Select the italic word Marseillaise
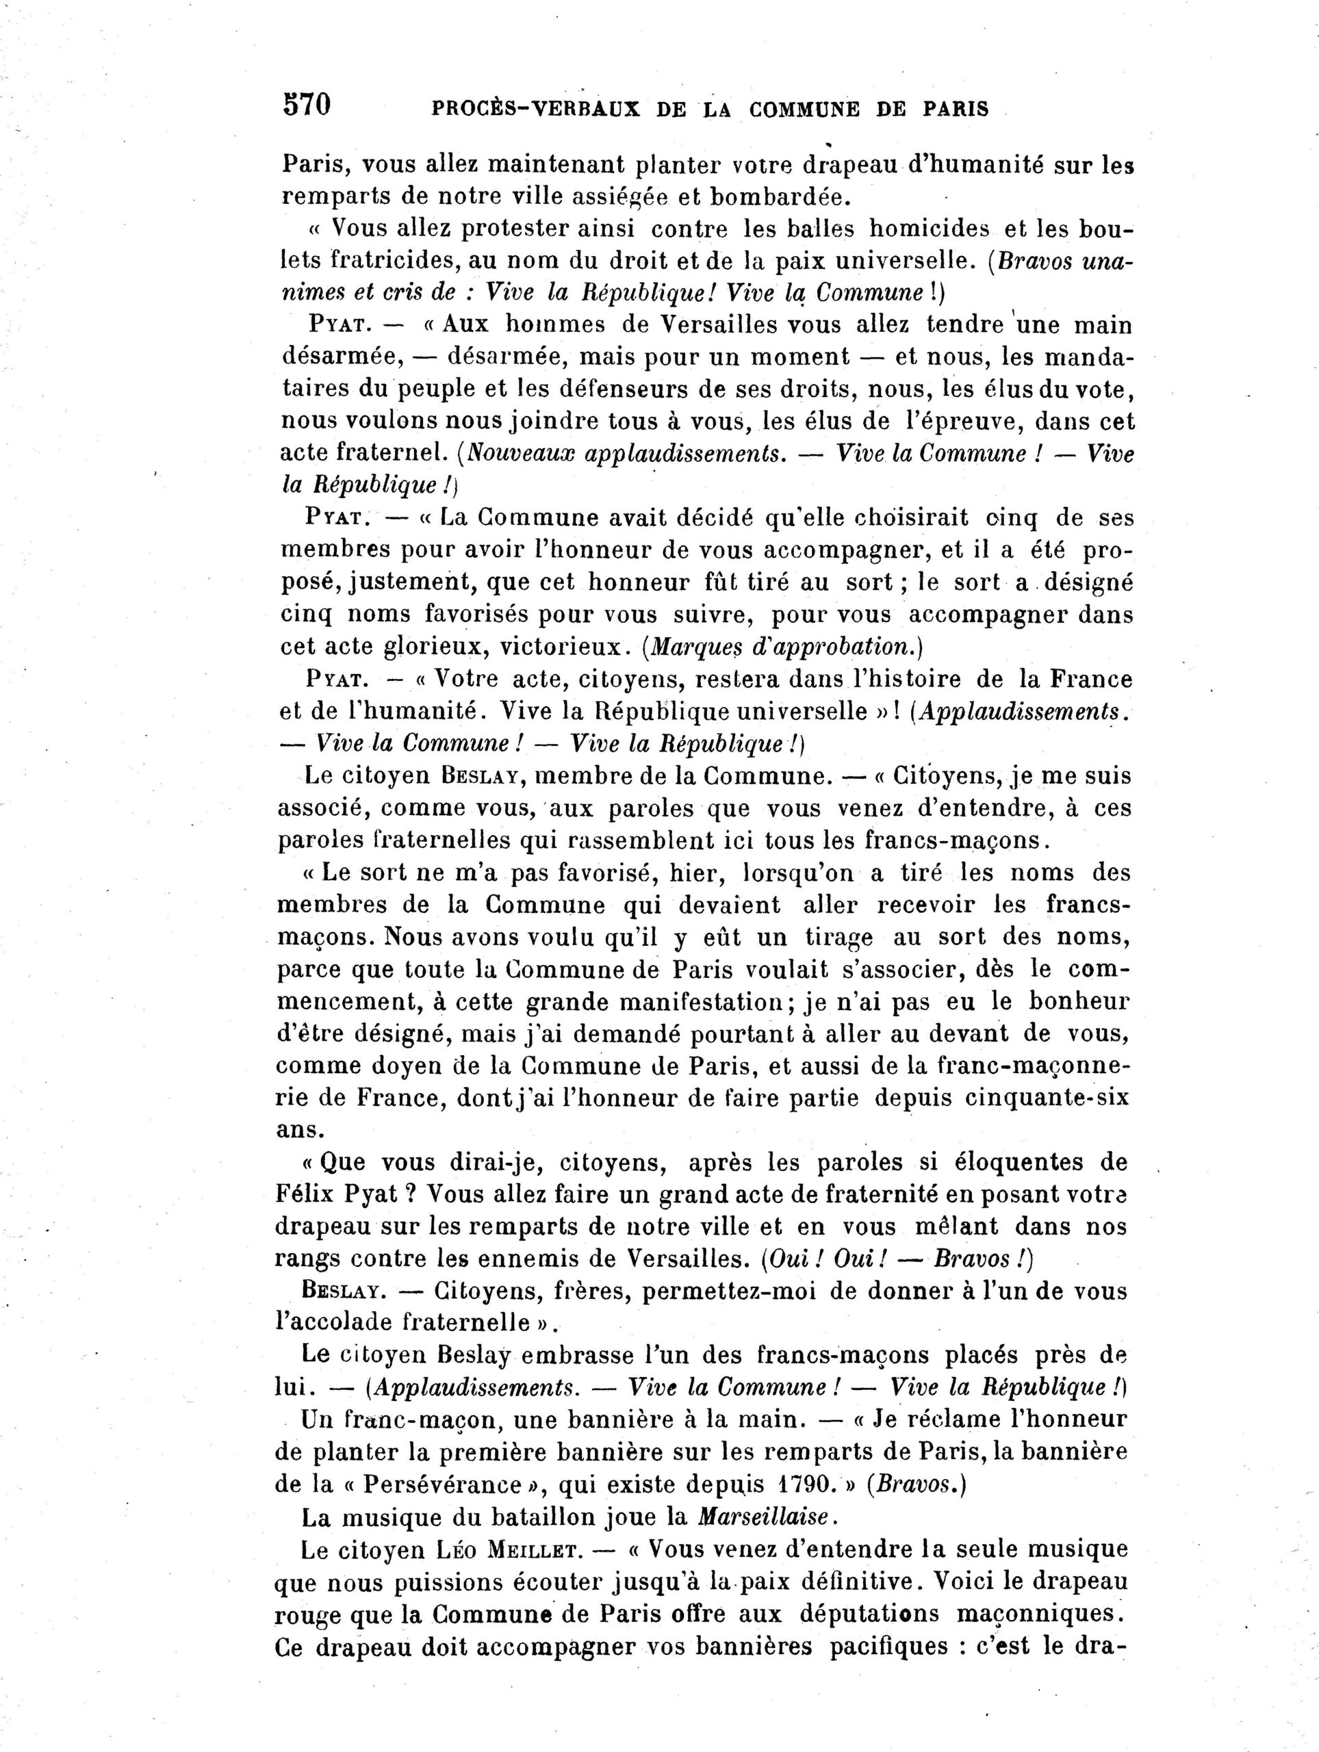764,1517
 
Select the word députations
870,1613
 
